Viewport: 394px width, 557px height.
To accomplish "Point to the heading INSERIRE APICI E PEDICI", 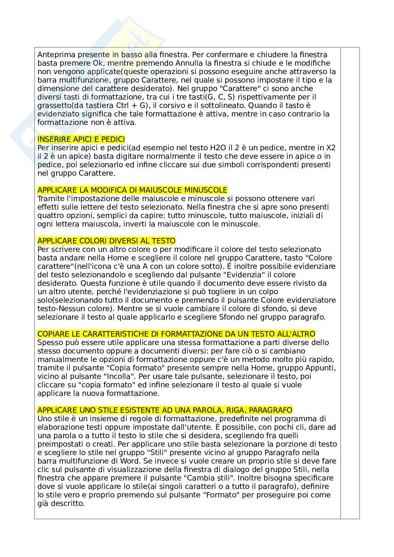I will tap(81, 139).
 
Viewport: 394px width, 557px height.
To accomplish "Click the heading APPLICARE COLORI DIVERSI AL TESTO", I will tap(106, 241).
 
